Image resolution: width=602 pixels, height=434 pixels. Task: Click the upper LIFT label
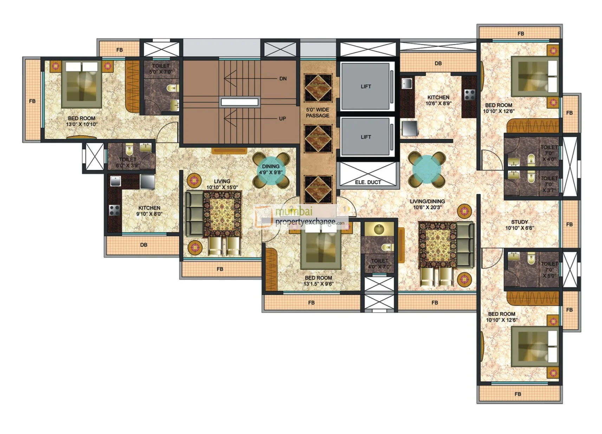(365, 87)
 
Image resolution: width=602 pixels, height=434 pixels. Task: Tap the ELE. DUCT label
(368, 182)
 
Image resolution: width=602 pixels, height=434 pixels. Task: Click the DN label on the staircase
(283, 79)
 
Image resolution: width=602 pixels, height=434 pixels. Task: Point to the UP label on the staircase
(282, 119)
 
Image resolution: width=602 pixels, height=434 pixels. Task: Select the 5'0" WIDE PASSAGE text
(317, 113)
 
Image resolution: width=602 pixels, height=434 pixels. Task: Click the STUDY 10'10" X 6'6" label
(519, 225)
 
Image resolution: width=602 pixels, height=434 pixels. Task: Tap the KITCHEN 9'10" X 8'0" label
(149, 211)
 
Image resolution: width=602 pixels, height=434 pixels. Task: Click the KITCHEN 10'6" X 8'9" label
(438, 100)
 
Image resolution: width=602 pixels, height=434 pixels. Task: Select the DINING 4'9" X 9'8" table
(271, 170)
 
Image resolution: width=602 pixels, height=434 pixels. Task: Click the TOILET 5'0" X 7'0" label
(161, 69)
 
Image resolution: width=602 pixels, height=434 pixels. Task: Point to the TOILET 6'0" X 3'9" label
(128, 162)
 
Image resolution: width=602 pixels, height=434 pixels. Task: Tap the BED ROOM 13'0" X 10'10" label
(82, 121)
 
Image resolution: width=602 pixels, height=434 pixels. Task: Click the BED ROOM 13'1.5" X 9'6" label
(318, 281)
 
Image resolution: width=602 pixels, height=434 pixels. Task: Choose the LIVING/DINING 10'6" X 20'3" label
(427, 204)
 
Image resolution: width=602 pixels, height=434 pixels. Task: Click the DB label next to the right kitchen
(438, 63)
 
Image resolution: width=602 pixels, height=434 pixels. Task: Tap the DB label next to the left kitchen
(143, 245)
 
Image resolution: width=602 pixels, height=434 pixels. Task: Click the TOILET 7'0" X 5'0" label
(549, 269)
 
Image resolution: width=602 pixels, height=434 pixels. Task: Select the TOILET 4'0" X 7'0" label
(380, 263)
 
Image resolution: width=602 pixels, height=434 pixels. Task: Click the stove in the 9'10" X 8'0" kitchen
(114, 210)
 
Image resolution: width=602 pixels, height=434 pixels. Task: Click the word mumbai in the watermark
(294, 212)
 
